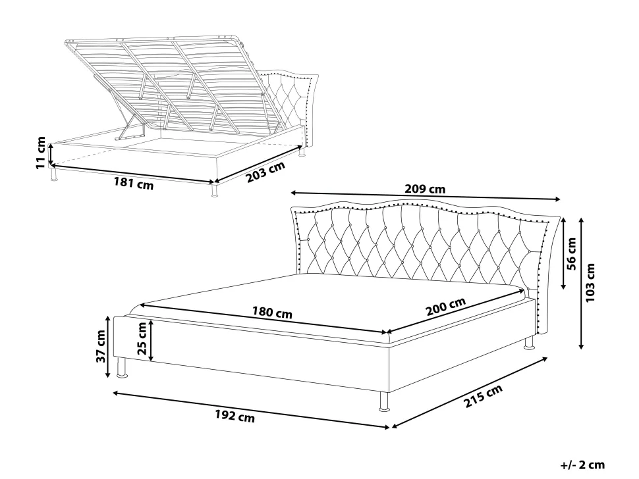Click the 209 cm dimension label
[425, 189]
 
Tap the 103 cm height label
[590, 282]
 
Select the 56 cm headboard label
[572, 254]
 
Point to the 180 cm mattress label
[272, 313]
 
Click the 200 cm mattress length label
[446, 307]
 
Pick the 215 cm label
[483, 396]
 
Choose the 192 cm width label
[235, 416]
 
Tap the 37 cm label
[100, 346]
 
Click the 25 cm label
[142, 338]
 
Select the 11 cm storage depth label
[41, 153]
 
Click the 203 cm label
[265, 172]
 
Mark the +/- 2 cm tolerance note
[582, 465]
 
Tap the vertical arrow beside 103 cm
[581, 283]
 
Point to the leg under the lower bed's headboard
[529, 343]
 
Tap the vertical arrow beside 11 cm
[51, 153]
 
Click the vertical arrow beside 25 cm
[151, 340]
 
